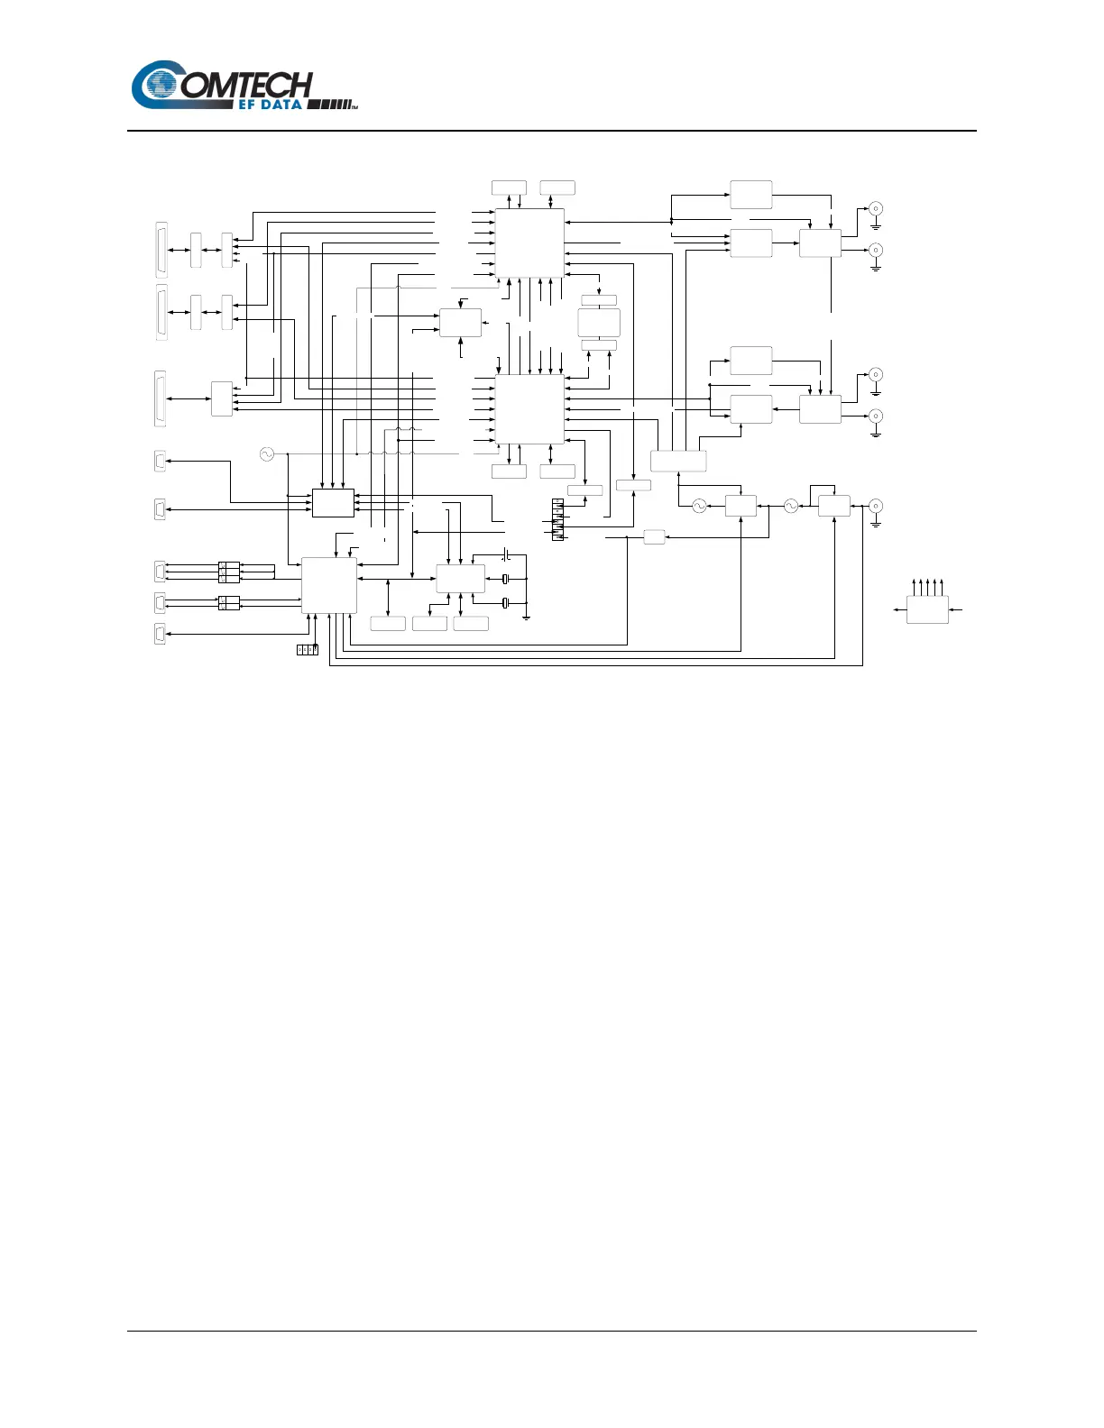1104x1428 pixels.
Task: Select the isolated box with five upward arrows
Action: coord(927,609)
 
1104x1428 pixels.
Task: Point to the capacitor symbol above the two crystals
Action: coord(506,553)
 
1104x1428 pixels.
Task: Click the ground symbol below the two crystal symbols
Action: coord(526,618)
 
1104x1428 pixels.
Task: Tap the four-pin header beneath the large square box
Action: coord(308,649)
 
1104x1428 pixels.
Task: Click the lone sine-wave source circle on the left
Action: coord(266,454)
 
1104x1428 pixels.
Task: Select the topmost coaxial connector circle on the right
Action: coord(875,209)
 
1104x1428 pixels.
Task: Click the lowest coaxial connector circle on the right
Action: coord(875,506)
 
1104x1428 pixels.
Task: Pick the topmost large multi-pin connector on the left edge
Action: coord(161,250)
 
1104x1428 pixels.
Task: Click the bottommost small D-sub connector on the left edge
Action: coord(161,634)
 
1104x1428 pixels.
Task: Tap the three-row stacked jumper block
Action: coord(229,572)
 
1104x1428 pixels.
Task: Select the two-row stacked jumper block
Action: coord(229,603)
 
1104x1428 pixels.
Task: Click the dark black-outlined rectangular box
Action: coord(333,503)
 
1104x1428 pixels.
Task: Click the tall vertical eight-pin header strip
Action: coord(557,519)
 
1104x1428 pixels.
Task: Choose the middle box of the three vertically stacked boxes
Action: coord(599,323)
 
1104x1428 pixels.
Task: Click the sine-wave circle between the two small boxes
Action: coord(790,507)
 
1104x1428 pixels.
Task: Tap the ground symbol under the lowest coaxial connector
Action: coord(875,524)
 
